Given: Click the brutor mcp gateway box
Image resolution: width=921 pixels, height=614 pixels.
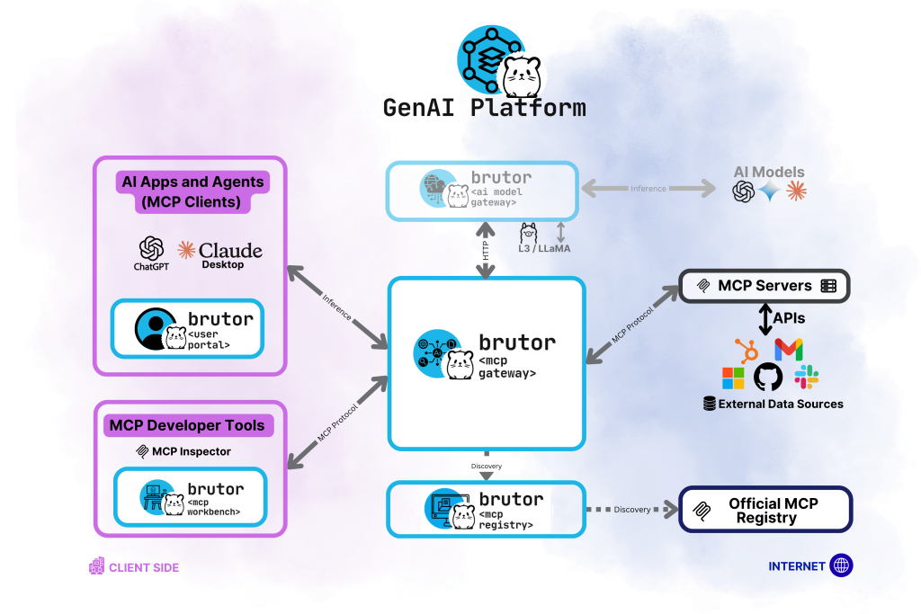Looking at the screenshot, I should [x=487, y=363].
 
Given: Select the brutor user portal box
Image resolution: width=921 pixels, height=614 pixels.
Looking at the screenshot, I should [x=188, y=328].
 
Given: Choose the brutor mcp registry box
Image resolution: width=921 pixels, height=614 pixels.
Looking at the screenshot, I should [x=486, y=509].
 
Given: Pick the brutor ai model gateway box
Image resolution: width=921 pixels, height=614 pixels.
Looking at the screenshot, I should [x=482, y=190].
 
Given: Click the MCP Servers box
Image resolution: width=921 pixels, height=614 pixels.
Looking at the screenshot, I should [x=764, y=286].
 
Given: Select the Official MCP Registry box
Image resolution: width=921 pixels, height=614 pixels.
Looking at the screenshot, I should [x=765, y=510].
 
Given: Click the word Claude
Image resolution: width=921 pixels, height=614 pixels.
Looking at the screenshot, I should [x=230, y=250].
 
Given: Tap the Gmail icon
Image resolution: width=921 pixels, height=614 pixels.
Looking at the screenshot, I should [x=788, y=350].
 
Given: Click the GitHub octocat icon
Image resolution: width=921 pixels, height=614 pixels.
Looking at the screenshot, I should [x=768, y=378].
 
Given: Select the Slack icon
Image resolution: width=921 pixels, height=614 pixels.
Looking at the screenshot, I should [x=806, y=378].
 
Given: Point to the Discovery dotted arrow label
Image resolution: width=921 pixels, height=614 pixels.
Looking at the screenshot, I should [x=632, y=510].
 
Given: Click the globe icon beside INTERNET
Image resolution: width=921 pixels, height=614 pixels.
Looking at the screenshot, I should [x=842, y=565].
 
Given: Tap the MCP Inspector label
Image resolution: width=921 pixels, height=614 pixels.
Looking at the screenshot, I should [x=183, y=451].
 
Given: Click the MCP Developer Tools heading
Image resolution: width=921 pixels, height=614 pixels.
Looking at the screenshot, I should [x=186, y=425].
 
